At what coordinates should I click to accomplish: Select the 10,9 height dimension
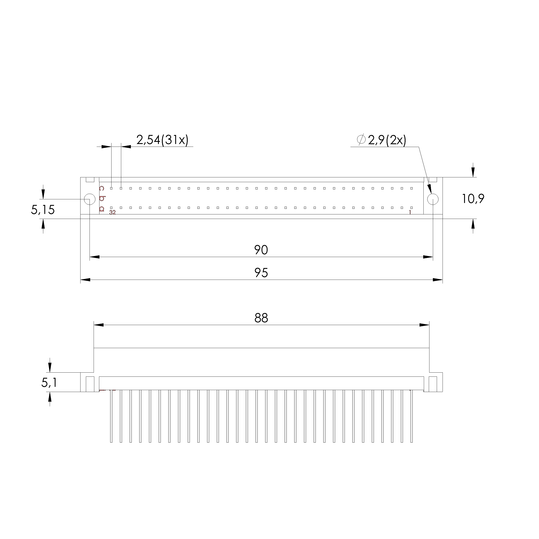tap(473, 199)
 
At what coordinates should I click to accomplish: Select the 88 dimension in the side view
tap(261, 318)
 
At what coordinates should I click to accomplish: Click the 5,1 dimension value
tap(49, 383)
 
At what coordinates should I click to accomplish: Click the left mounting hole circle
tap(90, 199)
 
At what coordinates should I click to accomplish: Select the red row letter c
tap(102, 189)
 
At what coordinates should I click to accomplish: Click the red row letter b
tap(102, 198)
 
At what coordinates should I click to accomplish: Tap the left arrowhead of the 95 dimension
tap(85, 280)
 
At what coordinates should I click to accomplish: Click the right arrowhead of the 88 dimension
tap(424, 325)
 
